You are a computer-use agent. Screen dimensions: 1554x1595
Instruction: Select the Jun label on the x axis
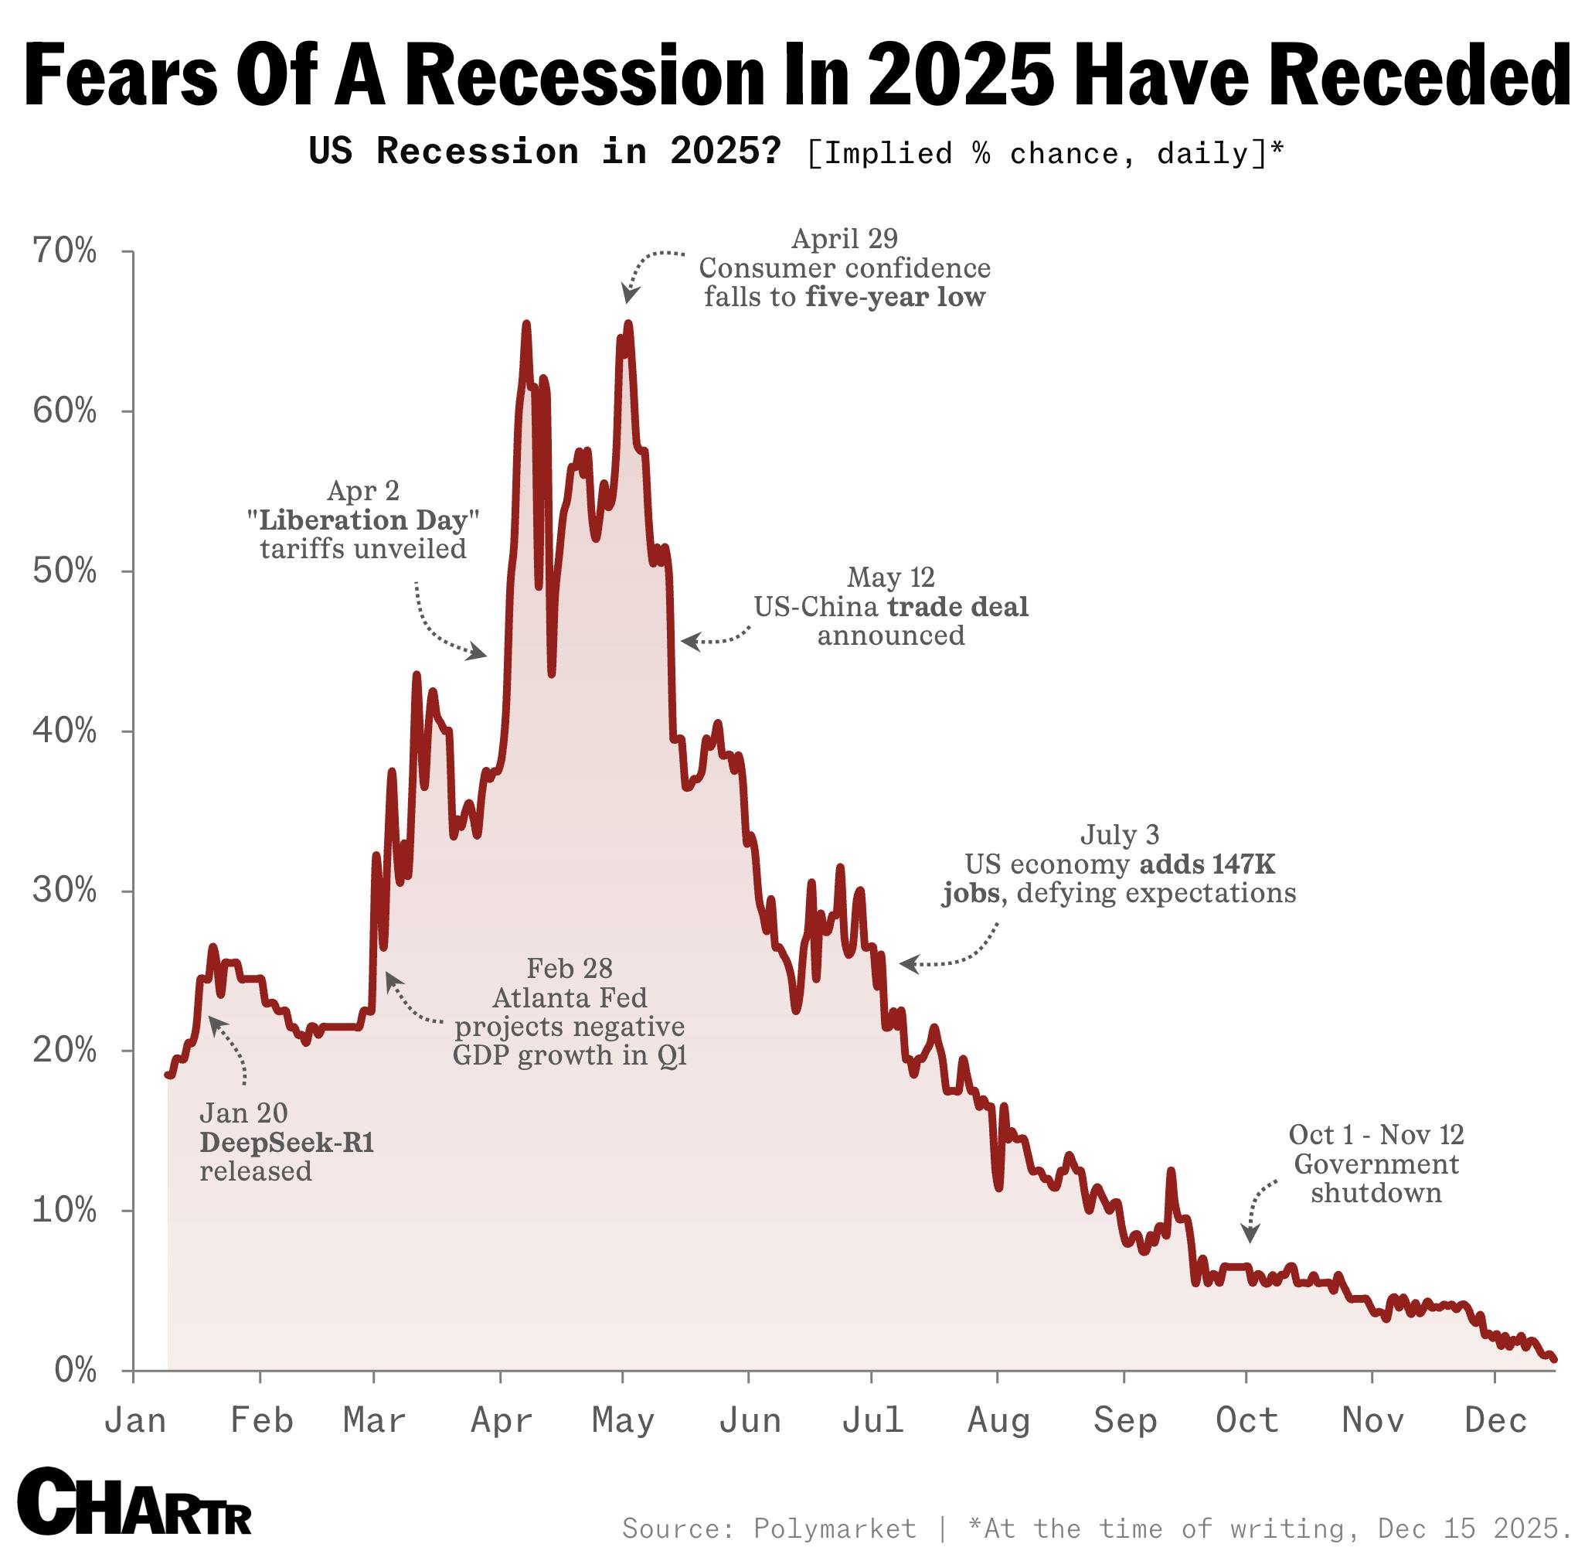[749, 1421]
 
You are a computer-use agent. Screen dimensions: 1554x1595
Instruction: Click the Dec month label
[1495, 1421]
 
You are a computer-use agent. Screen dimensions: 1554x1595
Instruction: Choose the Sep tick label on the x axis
[1124, 1421]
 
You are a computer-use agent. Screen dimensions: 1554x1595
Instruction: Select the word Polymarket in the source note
[834, 1528]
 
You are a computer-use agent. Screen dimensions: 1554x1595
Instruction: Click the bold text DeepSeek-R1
[287, 1143]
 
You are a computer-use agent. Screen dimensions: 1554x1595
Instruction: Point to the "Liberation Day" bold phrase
[362, 520]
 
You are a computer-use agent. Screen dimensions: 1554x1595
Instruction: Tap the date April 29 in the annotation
[845, 239]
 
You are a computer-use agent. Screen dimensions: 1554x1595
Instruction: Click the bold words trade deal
[957, 606]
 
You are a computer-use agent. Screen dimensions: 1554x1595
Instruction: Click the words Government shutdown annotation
[1376, 1178]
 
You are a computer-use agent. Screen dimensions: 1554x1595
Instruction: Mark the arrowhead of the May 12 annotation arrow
[687, 642]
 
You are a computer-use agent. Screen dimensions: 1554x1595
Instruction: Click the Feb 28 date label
[569, 969]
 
